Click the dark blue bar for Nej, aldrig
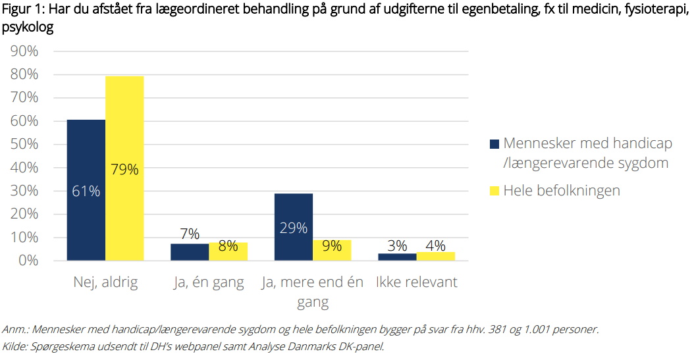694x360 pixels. tap(86, 190)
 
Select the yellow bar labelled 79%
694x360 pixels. tap(124, 168)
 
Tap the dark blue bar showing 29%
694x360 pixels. tap(294, 227)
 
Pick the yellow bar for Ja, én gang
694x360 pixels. tap(228, 251)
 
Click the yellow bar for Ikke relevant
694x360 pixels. tap(435, 256)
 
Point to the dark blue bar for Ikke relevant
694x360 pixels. tap(397, 257)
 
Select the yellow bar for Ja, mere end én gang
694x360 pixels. tap(332, 250)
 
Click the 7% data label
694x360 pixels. tap(190, 234)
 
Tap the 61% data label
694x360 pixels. tap(86, 191)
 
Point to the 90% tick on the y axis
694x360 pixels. tap(24, 51)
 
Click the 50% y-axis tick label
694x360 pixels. tap(24, 144)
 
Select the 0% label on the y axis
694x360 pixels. tap(28, 261)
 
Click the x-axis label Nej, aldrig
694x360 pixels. tap(105, 282)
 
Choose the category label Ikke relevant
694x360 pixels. tap(417, 282)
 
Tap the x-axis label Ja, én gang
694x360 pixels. tap(209, 283)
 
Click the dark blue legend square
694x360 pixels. tap(494, 143)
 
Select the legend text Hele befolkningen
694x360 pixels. tap(562, 191)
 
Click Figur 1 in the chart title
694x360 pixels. tap(22, 10)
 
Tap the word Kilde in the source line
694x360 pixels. tap(14, 346)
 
